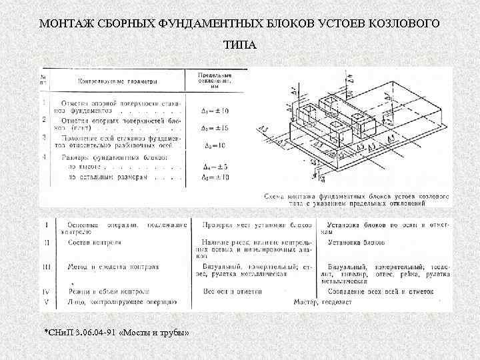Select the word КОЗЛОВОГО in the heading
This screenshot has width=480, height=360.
tap(403, 24)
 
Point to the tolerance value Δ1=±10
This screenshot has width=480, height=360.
tap(215, 109)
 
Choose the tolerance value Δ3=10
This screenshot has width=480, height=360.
tap(215, 145)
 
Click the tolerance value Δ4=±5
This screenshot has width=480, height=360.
tap(215, 167)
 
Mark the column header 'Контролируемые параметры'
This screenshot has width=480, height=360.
tap(118, 82)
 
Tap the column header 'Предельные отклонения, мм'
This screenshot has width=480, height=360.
tap(215, 80)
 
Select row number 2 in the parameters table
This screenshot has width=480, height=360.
tap(45, 120)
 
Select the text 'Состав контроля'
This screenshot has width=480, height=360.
tap(94, 243)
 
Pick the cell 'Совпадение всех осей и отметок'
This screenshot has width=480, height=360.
tap(381, 291)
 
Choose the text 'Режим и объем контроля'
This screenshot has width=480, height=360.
tap(109, 292)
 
